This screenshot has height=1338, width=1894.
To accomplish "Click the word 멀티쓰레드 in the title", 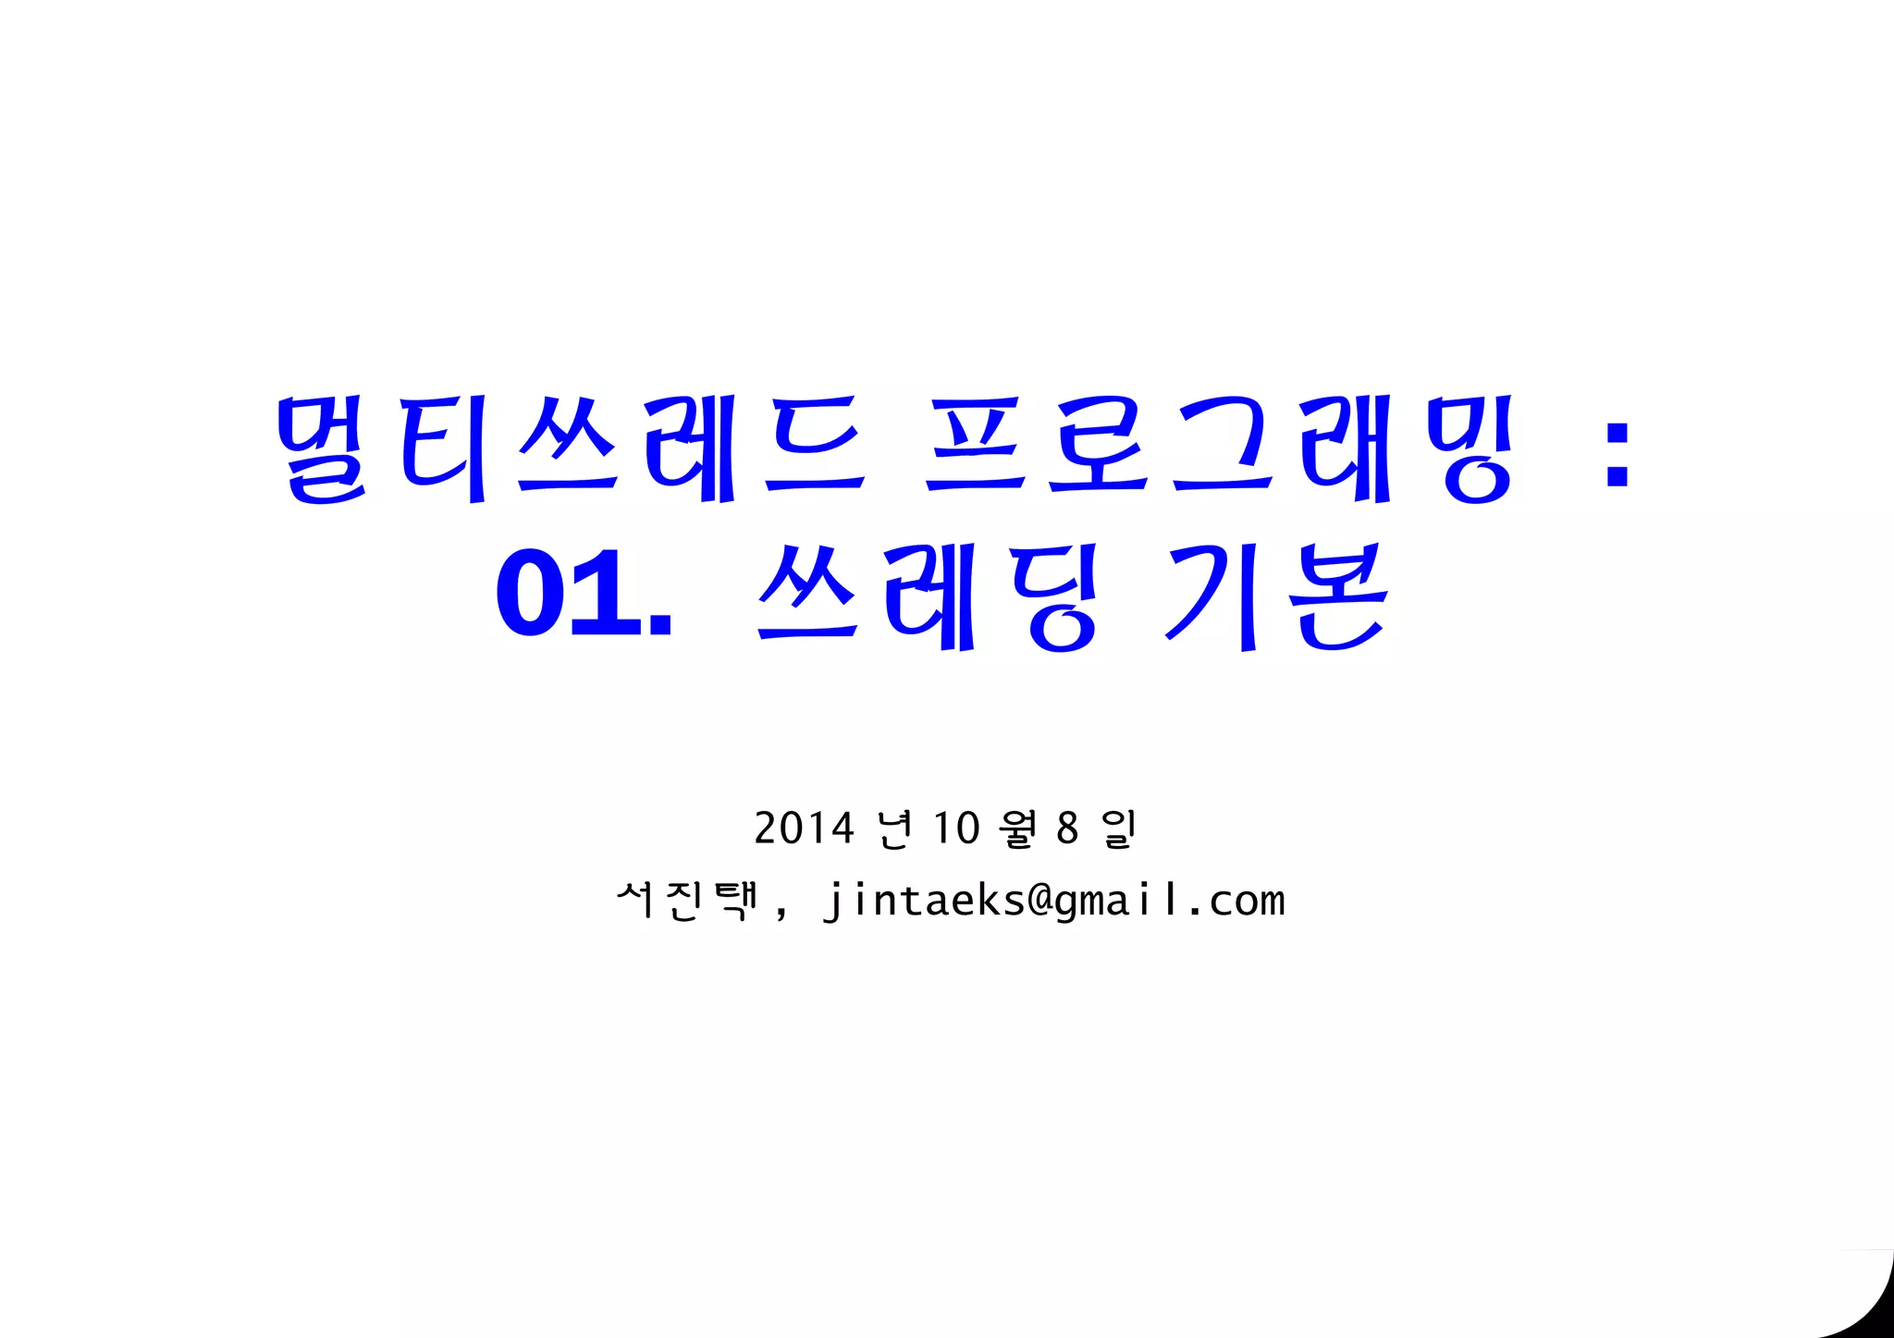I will [x=570, y=449].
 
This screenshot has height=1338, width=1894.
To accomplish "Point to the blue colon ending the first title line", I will [x=1617, y=453].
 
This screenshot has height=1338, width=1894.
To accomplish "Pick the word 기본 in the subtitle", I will [x=1276, y=596].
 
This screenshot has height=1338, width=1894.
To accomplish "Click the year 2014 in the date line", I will [x=804, y=829].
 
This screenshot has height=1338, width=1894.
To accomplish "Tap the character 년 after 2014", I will [x=894, y=829].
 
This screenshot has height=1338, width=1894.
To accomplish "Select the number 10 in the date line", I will [x=955, y=829].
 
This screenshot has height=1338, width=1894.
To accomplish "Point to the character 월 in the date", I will [x=1018, y=829].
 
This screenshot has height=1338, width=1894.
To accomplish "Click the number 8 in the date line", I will [x=1067, y=829].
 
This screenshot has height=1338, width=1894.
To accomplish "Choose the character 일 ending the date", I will [x=1118, y=829].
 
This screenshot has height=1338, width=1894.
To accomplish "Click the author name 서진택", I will [x=686, y=901].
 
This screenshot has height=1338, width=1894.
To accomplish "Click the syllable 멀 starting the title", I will [x=323, y=449].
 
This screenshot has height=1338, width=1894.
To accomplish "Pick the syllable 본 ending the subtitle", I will [x=1340, y=596].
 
